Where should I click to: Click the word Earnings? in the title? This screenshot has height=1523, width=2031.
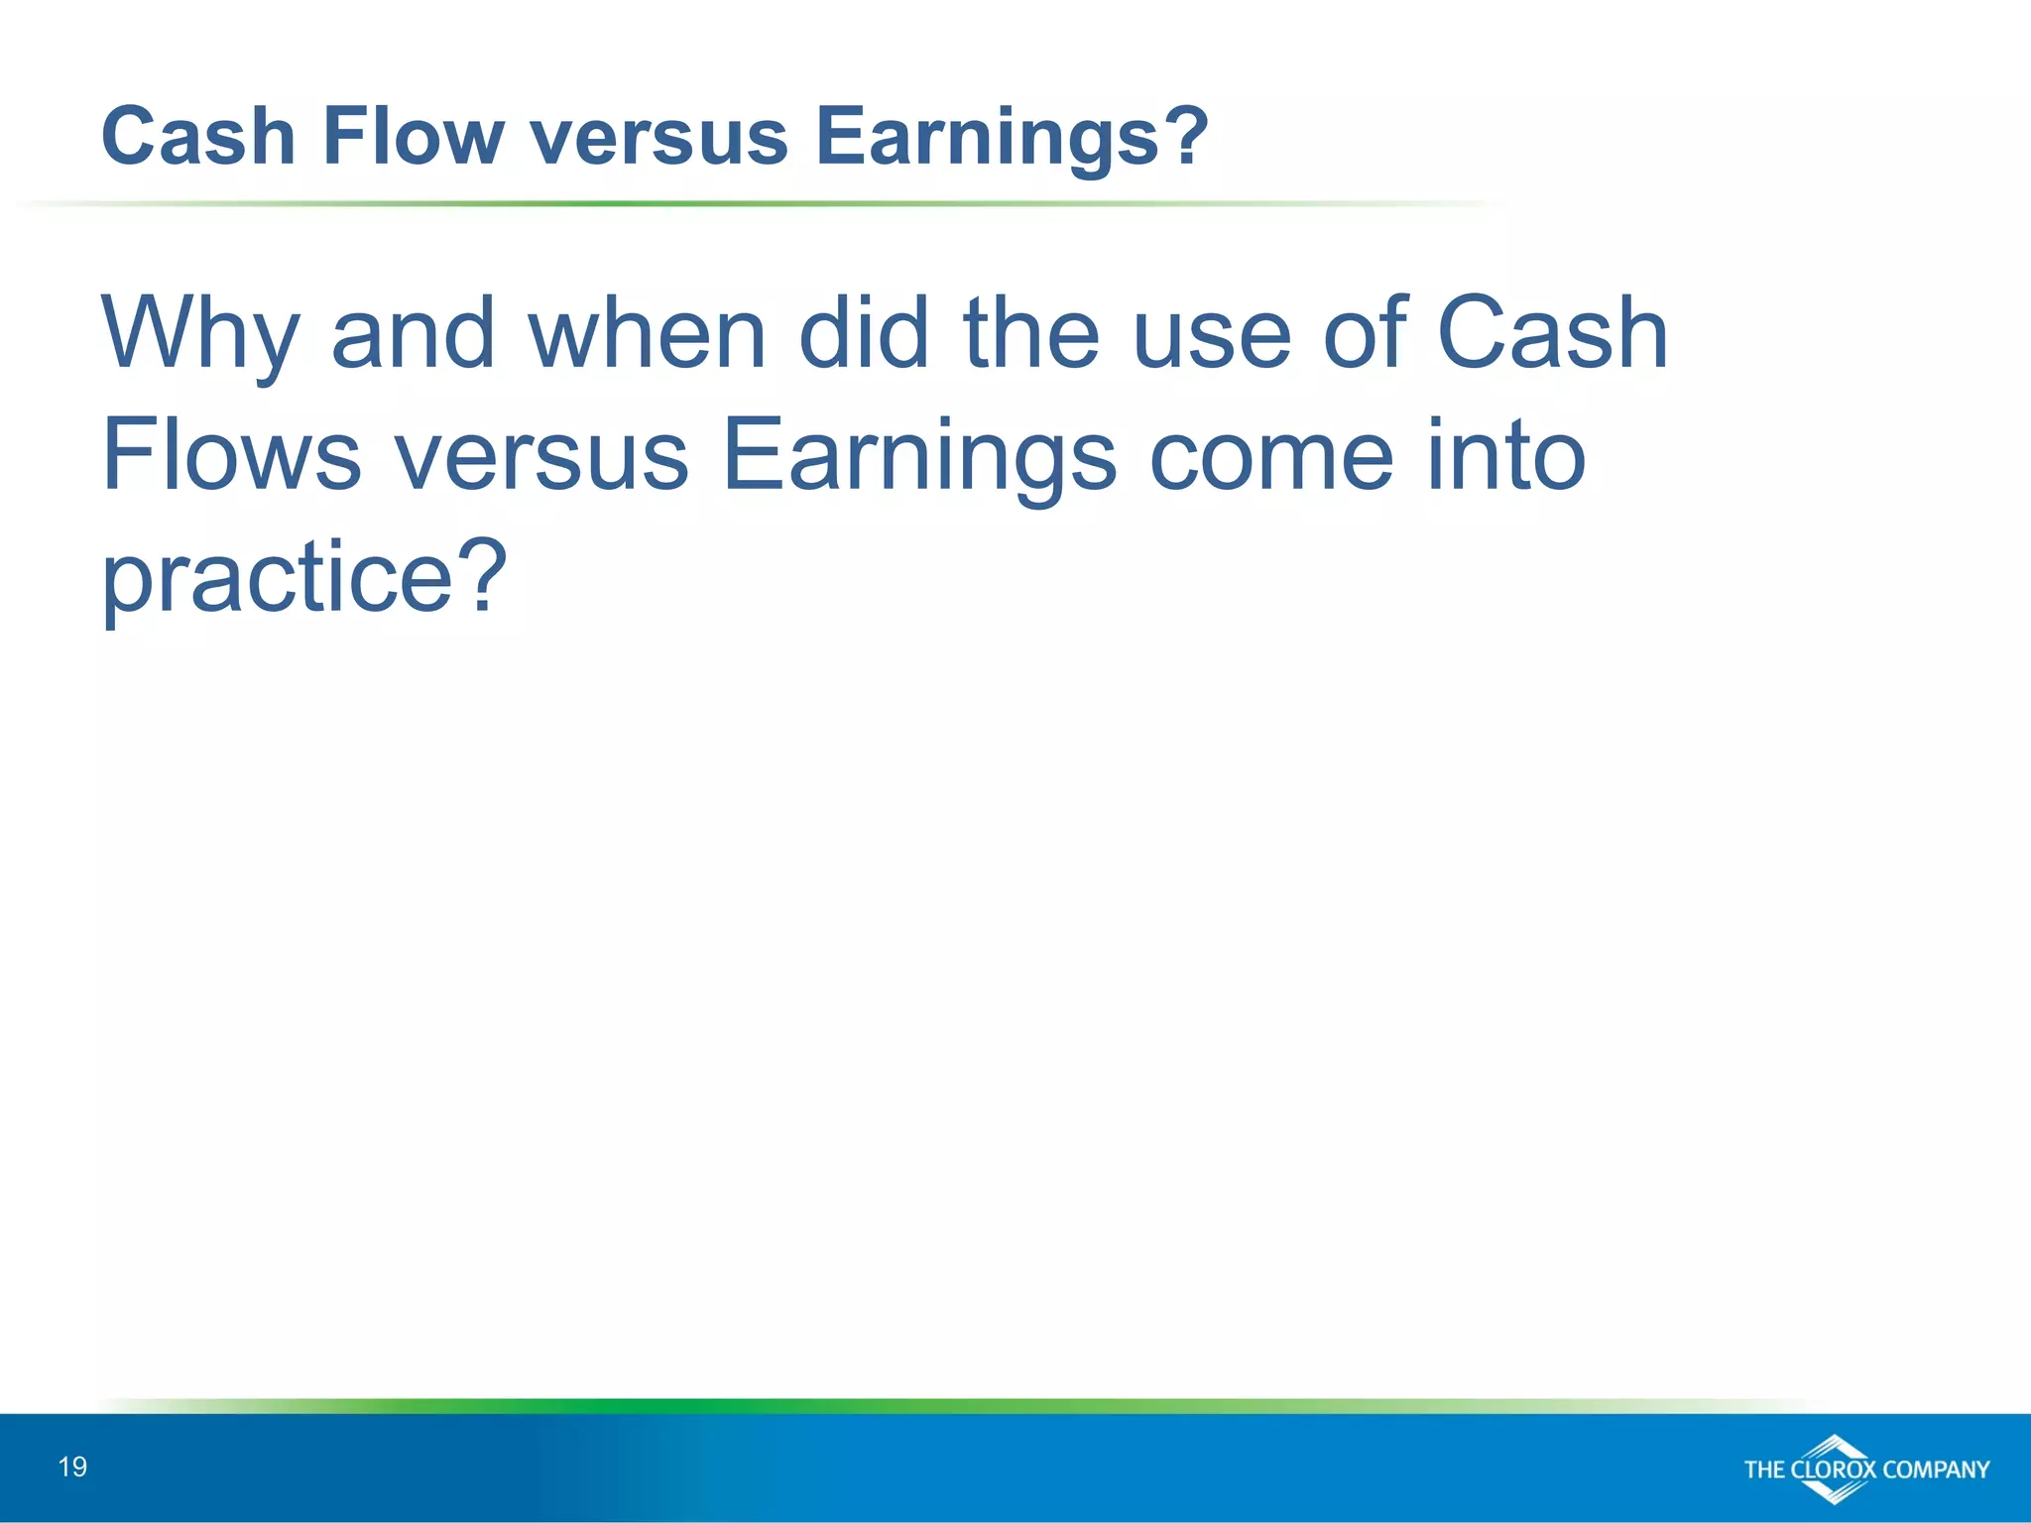1012,138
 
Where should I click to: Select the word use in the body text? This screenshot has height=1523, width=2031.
1212,335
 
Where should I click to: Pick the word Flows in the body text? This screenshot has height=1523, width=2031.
231,455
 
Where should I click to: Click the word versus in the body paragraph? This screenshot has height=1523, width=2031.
541,457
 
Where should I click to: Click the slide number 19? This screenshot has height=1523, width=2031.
73,1466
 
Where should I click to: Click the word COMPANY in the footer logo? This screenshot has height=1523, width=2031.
1936,1469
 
